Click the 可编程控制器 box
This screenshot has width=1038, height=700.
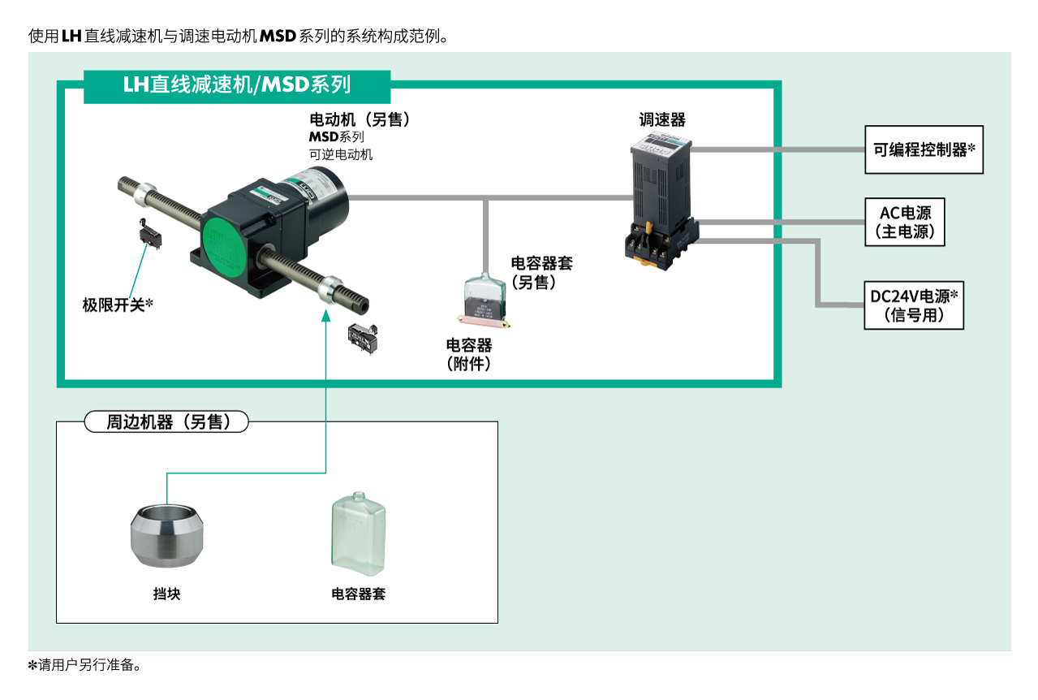(x=924, y=149)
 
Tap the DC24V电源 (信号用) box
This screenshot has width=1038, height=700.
(x=914, y=305)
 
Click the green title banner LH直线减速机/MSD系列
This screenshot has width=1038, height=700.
(x=237, y=85)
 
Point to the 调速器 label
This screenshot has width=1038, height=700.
(x=662, y=120)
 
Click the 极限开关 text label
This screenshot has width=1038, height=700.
(x=118, y=305)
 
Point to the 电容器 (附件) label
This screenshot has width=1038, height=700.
(x=469, y=354)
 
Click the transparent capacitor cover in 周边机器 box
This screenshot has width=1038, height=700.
(x=358, y=534)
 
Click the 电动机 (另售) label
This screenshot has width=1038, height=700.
(x=360, y=119)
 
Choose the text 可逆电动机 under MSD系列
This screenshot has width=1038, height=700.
(x=341, y=154)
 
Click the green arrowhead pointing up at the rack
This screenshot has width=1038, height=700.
(x=325, y=313)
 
